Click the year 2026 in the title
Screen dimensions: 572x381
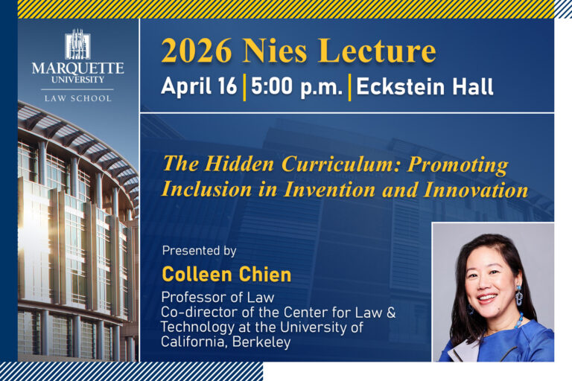[197, 51]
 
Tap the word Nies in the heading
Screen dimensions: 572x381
[275, 51]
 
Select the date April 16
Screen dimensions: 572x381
[199, 87]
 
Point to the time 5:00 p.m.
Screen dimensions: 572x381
[297, 88]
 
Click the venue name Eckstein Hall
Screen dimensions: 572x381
[425, 87]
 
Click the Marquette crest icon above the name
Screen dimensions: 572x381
[77, 45]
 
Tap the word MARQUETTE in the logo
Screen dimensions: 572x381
[77, 68]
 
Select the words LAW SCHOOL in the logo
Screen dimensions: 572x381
[77, 98]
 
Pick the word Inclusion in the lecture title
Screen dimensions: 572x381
[207, 190]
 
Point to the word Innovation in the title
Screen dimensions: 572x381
[476, 190]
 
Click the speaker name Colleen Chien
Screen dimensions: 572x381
[226, 275]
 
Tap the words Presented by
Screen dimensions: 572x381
[199, 251]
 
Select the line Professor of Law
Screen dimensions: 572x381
[217, 298]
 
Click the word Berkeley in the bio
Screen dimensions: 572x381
[261, 342]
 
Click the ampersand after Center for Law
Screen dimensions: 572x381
[391, 313]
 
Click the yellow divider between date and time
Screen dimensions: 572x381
[244, 88]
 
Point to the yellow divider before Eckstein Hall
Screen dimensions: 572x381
[349, 88]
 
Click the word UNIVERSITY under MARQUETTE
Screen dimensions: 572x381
[77, 80]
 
